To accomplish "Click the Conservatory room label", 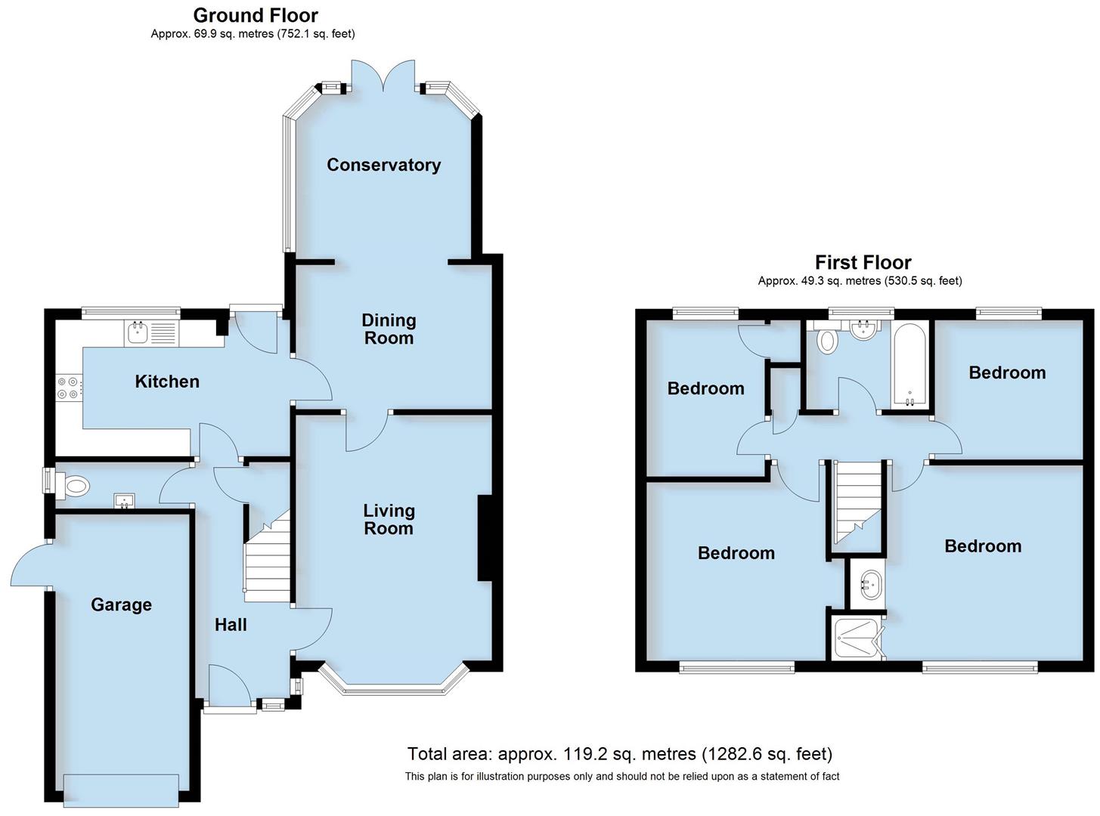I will [x=383, y=165].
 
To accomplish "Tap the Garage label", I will [x=121, y=604].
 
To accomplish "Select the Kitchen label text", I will [x=167, y=382].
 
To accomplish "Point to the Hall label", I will [x=231, y=625].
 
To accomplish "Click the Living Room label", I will [x=389, y=519].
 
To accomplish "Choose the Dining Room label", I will [x=389, y=329].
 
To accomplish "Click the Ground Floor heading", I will [x=256, y=15].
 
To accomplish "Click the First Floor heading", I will [x=863, y=262].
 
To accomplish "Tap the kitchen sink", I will [x=137, y=331].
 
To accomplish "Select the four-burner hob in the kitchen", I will [x=67, y=388].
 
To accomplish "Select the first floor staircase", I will [x=858, y=502].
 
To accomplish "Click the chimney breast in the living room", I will [x=485, y=538].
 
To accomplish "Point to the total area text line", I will [x=619, y=754].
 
